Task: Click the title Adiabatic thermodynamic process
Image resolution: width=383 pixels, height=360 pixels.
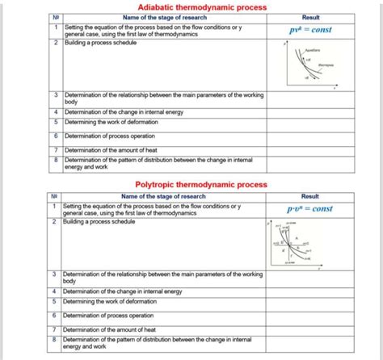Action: click(191, 6)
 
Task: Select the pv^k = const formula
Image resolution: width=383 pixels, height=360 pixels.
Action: click(309, 30)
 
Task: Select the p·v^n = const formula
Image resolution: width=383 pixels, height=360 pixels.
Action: click(309, 208)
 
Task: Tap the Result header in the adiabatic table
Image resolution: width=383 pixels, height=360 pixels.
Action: click(309, 17)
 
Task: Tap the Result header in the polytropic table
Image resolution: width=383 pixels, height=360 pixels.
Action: click(309, 196)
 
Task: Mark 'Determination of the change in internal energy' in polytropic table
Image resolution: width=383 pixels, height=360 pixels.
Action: click(122, 291)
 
